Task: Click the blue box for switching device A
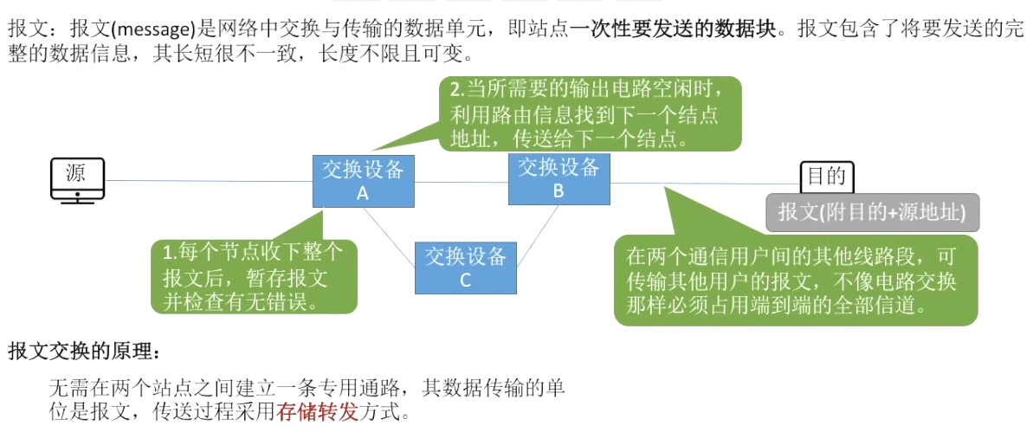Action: (x=364, y=181)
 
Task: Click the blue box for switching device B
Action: (x=558, y=179)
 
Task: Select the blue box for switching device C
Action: (x=465, y=268)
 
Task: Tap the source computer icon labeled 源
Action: (x=77, y=180)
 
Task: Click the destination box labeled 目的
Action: (x=827, y=177)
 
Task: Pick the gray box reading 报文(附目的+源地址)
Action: (x=872, y=212)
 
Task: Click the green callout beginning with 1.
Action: (x=254, y=276)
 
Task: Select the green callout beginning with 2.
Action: (x=591, y=114)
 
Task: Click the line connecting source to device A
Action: (x=208, y=180)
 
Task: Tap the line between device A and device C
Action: (x=389, y=237)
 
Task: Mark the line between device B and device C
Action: (x=538, y=236)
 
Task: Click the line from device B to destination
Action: (x=705, y=184)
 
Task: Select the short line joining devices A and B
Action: (x=462, y=182)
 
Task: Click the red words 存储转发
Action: (x=318, y=413)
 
